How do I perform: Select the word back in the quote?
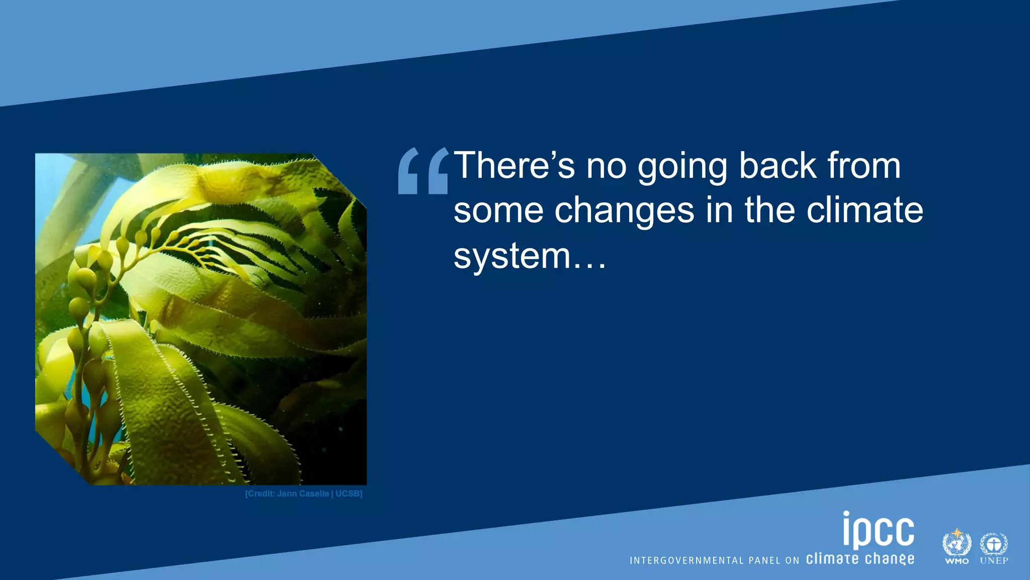pyautogui.click(x=778, y=165)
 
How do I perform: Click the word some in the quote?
pyautogui.click(x=498, y=210)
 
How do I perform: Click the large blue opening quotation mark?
pyautogui.click(x=422, y=171)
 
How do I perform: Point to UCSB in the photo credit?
pyautogui.click(x=348, y=493)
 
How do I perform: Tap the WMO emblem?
pyautogui.click(x=957, y=546)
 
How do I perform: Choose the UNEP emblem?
pyautogui.click(x=994, y=547)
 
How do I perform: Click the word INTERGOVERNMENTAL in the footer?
pyautogui.click(x=686, y=560)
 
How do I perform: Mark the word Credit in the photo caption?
pyautogui.click(x=261, y=493)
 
